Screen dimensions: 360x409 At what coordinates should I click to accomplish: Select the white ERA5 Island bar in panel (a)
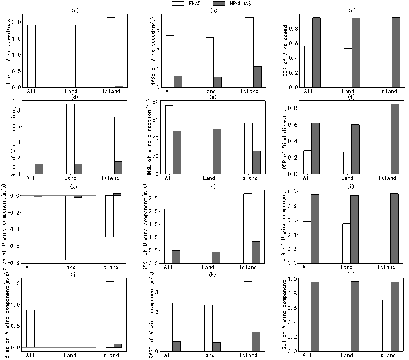click(111, 52)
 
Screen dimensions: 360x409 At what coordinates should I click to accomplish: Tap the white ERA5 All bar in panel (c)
click(308, 66)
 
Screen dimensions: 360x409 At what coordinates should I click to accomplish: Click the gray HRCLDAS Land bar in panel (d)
click(78, 169)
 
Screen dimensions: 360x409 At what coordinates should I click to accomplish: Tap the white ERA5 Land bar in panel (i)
click(347, 243)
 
